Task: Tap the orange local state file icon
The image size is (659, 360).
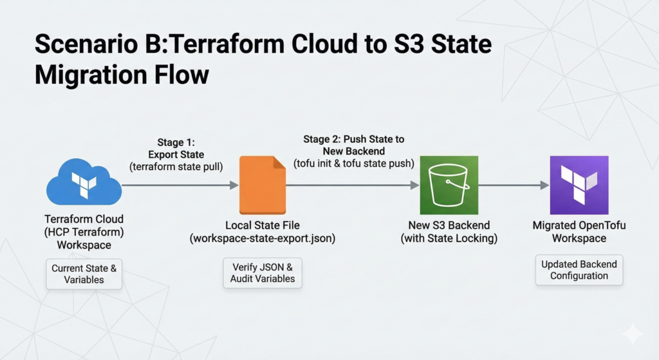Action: tap(263, 185)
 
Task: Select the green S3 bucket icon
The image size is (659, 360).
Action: tap(449, 185)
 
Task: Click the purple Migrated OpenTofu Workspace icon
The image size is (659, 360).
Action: tap(579, 185)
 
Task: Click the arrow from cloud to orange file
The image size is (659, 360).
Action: tap(180, 185)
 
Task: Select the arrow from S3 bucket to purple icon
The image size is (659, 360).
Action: tap(514, 185)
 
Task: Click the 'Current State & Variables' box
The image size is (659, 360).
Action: tap(84, 274)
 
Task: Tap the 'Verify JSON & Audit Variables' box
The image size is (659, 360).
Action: tap(263, 272)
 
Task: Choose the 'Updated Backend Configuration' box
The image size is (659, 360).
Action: tap(579, 270)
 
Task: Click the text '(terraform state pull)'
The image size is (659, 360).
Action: tap(176, 167)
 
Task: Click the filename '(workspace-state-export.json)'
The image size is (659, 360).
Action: tap(263, 238)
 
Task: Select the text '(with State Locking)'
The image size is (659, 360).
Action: tap(449, 238)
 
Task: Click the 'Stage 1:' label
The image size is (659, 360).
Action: tap(176, 142)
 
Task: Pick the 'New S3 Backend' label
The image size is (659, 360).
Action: tap(449, 225)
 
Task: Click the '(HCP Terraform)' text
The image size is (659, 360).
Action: tap(84, 232)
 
